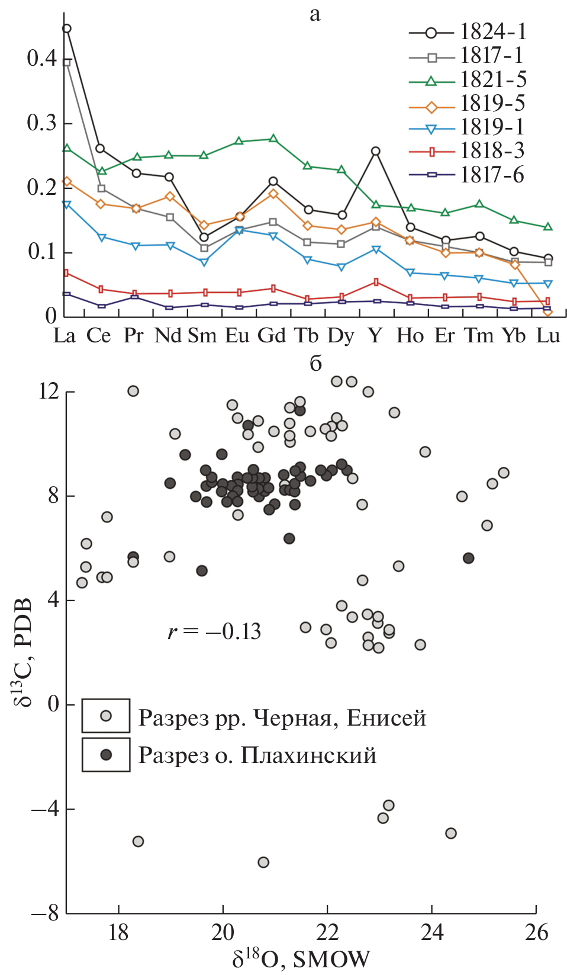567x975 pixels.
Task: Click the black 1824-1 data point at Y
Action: point(375,152)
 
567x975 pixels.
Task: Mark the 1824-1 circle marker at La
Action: point(67,28)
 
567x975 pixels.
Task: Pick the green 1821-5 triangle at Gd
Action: point(273,139)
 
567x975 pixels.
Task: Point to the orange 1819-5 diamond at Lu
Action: point(548,312)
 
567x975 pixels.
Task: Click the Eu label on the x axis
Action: point(237,336)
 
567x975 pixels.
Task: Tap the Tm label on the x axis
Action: point(479,336)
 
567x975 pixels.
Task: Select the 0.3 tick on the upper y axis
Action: point(41,123)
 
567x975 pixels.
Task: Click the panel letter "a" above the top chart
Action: point(315,14)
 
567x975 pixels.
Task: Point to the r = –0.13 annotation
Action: point(214,631)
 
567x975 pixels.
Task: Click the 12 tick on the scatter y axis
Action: point(49,391)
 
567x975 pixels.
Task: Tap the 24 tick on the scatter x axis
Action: point(432,932)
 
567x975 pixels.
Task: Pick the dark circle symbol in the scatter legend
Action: point(106,754)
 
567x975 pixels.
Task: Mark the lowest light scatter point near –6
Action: point(263,862)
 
